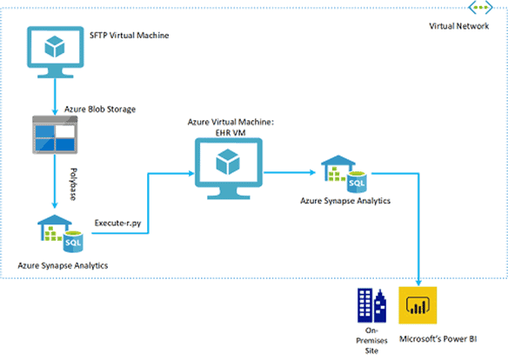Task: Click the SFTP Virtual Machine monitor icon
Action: (x=55, y=52)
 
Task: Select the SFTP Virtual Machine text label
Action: (x=130, y=36)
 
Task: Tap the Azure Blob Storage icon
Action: (x=55, y=135)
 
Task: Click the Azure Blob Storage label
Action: (x=100, y=109)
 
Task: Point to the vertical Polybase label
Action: (x=74, y=183)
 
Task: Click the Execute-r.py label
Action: (x=118, y=223)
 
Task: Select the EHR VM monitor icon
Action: (x=229, y=169)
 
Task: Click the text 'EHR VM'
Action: (x=231, y=133)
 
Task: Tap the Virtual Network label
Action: (x=458, y=26)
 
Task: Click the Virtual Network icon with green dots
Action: (x=480, y=7)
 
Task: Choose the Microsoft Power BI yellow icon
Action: (x=418, y=305)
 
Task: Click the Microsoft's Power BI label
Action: (x=438, y=339)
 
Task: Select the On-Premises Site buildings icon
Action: (x=372, y=305)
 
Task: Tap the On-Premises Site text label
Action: (x=371, y=340)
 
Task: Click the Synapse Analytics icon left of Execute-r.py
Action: (x=60, y=233)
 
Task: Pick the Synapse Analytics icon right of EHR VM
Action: (x=344, y=174)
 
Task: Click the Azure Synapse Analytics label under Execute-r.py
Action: (x=63, y=265)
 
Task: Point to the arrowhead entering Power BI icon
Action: (x=418, y=283)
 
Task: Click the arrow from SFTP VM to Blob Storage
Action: (x=55, y=97)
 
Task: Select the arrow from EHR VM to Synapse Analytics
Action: (x=290, y=172)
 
